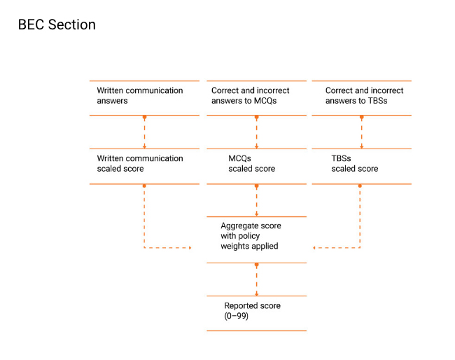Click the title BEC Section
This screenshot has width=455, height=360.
pyautogui.click(x=57, y=25)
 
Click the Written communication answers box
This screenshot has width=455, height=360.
pyautogui.click(x=144, y=98)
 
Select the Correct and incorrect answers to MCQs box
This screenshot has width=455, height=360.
pyautogui.click(x=256, y=98)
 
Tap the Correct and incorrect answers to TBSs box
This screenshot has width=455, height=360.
pyautogui.click(x=362, y=98)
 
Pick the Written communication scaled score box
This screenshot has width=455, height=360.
pyautogui.click(x=144, y=167)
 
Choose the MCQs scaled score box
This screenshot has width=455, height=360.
pyautogui.click(x=256, y=167)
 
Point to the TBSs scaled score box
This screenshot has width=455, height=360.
pyautogui.click(x=362, y=167)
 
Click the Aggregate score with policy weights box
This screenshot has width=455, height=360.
pyautogui.click(x=256, y=240)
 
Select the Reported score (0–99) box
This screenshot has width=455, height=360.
pyautogui.click(x=256, y=313)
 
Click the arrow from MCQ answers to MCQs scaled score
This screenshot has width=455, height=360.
pyautogui.click(x=256, y=132)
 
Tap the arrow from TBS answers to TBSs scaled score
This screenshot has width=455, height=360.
pyautogui.click(x=362, y=132)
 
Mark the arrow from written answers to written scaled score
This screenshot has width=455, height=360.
pyautogui.click(x=144, y=132)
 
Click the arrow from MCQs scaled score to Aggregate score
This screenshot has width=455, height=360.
pyautogui.click(x=256, y=200)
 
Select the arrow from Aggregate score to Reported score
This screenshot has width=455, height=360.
pyautogui.click(x=256, y=280)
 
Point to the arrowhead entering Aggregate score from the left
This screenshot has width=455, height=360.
pyautogui.click(x=190, y=248)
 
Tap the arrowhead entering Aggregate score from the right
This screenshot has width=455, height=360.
pyautogui.click(x=314, y=248)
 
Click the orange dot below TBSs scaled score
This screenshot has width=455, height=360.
pyautogui.click(x=360, y=186)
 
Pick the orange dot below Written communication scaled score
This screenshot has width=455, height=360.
pyautogui.click(x=144, y=186)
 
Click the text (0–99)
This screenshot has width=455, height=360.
pyautogui.click(x=236, y=316)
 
